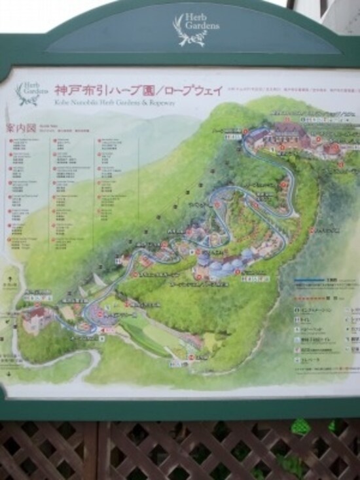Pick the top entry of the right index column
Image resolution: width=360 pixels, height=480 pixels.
click(110, 141)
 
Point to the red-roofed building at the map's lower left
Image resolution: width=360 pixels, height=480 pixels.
click(39, 319)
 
